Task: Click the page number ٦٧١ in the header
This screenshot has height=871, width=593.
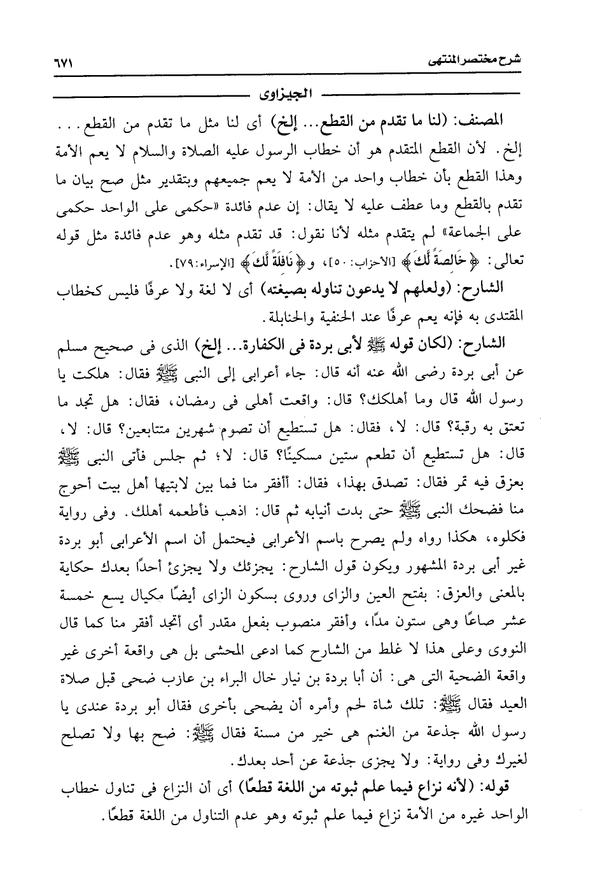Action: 64,64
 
